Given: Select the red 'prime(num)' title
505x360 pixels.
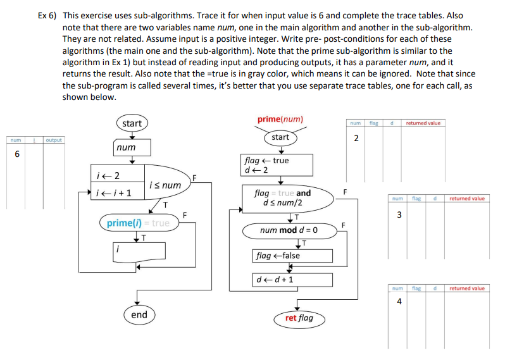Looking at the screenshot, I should [x=280, y=119].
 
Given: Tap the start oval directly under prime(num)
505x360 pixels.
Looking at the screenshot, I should [x=280, y=137].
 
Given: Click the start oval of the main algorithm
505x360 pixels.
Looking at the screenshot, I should [x=132, y=123].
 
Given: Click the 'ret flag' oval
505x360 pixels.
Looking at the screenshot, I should [x=299, y=318].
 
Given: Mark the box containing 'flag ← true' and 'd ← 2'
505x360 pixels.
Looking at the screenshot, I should [x=277, y=165].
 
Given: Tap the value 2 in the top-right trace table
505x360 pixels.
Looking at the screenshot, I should [x=356, y=138].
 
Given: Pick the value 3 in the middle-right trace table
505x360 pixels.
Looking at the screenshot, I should [x=398, y=214].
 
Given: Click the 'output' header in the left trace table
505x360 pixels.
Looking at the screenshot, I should [x=54, y=140].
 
